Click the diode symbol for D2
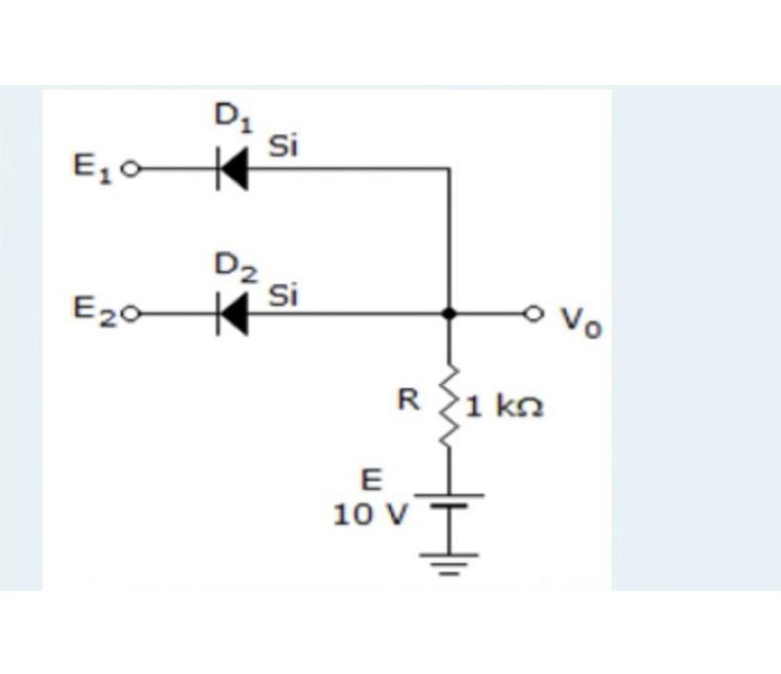pos(231,315)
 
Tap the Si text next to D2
pos(284,294)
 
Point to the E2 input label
pos(92,312)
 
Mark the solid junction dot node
pos(449,314)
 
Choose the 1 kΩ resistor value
pos(504,407)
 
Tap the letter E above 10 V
pos(369,481)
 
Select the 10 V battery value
pos(367,514)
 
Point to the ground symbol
pos(450,562)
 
